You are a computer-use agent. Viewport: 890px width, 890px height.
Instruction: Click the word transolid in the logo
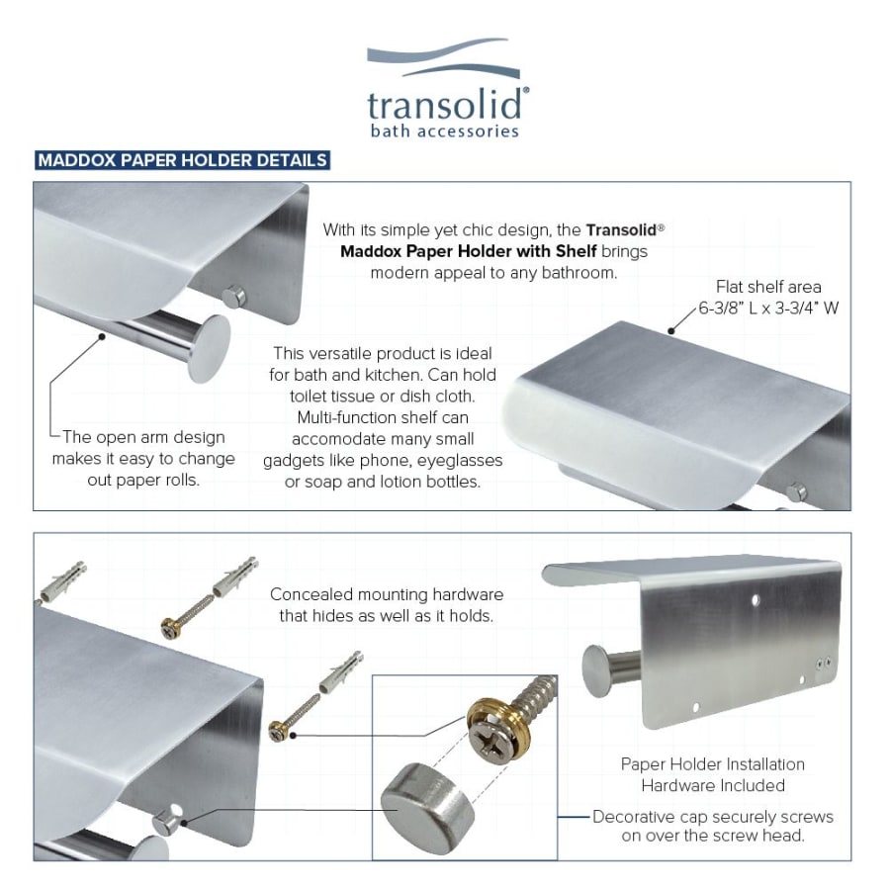pyautogui.click(x=444, y=105)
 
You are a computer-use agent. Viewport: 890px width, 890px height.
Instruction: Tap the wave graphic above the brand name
pyautogui.click(x=443, y=56)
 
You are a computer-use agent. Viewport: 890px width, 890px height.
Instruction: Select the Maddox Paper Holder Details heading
pyautogui.click(x=182, y=160)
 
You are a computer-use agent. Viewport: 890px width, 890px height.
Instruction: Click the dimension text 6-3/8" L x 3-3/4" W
pyautogui.click(x=768, y=309)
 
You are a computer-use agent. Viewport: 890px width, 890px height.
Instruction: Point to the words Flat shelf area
pyautogui.click(x=768, y=287)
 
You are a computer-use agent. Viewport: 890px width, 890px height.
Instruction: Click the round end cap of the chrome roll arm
pyautogui.click(x=209, y=347)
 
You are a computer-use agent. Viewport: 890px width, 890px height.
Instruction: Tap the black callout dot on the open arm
pyautogui.click(x=102, y=336)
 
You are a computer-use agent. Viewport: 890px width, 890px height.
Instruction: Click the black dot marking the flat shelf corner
pyautogui.click(x=670, y=330)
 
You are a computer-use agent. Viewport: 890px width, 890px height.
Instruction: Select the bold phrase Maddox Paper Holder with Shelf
pyautogui.click(x=469, y=251)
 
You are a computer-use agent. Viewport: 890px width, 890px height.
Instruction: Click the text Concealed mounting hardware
pyautogui.click(x=387, y=594)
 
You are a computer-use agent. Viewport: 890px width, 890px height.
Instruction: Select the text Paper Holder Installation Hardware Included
pyautogui.click(x=712, y=774)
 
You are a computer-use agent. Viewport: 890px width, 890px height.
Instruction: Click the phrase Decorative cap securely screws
pyautogui.click(x=713, y=816)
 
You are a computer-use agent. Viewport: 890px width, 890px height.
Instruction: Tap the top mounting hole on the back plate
pyautogui.click(x=756, y=599)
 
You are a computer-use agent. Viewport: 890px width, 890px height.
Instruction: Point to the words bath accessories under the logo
pyautogui.click(x=444, y=131)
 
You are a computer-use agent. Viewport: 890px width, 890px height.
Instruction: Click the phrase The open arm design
pyautogui.click(x=143, y=437)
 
